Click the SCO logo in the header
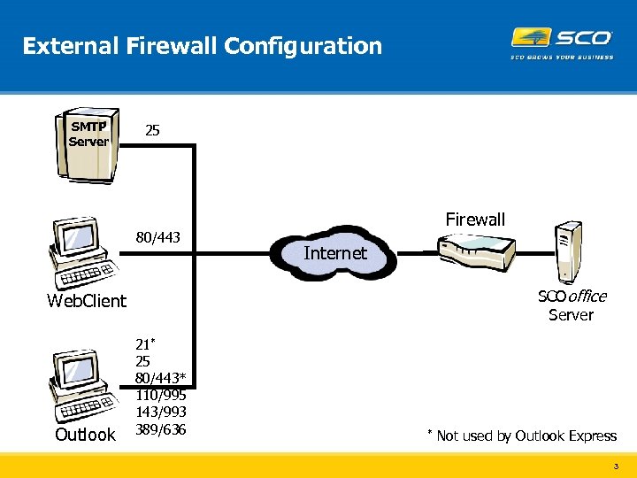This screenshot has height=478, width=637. [562, 38]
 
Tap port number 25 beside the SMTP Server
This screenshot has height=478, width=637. [152, 131]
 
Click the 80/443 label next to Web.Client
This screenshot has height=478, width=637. [157, 237]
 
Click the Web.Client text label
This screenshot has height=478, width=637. [87, 301]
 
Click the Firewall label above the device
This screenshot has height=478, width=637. [475, 220]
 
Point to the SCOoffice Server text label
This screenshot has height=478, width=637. [572, 305]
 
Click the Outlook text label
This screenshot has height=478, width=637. [85, 435]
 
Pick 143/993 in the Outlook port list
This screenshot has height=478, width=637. [160, 412]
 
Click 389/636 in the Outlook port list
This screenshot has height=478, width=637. [160, 429]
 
